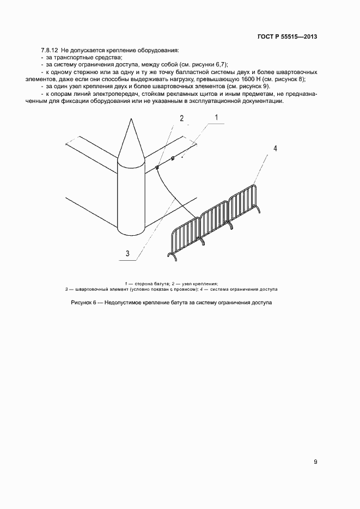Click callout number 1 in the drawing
216,118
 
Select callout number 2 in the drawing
182,118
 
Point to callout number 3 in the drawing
127,253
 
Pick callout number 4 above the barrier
276,148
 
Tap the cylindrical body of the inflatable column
131,196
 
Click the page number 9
316,462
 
